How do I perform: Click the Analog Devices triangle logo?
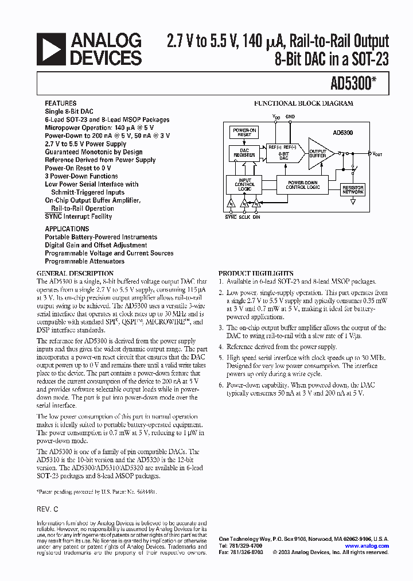pos(52,49)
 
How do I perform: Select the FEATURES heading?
pos(60,103)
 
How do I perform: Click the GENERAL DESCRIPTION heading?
pos(75,273)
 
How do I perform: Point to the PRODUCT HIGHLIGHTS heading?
pos(256,273)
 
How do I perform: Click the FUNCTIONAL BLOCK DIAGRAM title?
pos(303,104)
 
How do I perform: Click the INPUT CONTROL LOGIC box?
pos(245,185)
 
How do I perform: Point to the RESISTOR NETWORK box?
pos(353,190)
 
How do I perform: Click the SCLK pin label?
pos(244,218)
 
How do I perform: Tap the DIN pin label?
pos(256,218)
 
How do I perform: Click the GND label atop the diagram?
pos(290,117)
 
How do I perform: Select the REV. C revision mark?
pos(47,509)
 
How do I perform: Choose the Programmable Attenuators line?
pos(84,261)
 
